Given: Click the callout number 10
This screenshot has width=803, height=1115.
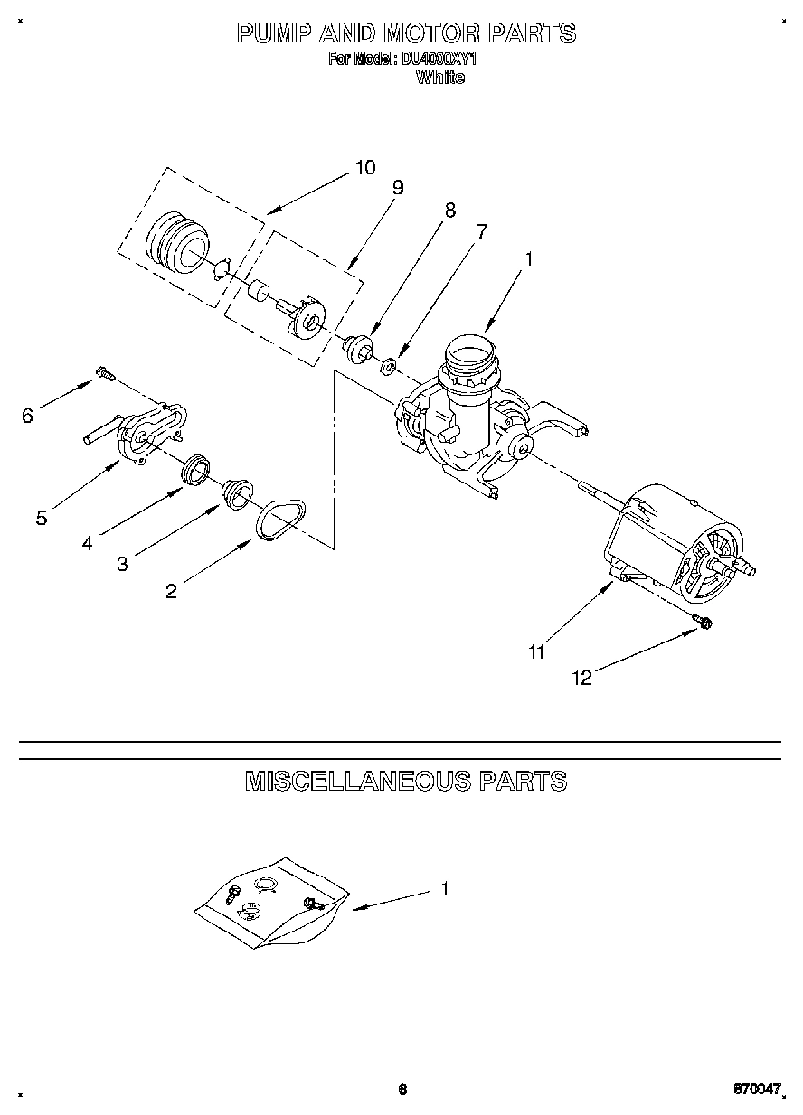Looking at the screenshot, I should (x=364, y=167).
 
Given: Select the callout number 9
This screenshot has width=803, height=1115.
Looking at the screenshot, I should (x=397, y=187).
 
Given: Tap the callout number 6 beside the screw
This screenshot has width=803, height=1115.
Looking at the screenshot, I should (x=27, y=416).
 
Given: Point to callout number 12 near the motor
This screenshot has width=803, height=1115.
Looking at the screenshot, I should (x=583, y=678).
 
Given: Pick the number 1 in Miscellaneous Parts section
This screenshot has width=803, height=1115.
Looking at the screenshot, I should (x=444, y=889).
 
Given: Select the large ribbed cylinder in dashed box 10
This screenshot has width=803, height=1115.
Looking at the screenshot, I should (x=175, y=243).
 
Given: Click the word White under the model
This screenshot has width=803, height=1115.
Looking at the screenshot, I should (x=439, y=78).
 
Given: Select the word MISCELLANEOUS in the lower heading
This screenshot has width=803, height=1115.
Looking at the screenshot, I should (x=358, y=781).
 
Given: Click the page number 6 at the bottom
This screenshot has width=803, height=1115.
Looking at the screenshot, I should (x=401, y=1089).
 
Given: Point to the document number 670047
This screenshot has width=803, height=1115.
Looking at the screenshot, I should (x=756, y=1090).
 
